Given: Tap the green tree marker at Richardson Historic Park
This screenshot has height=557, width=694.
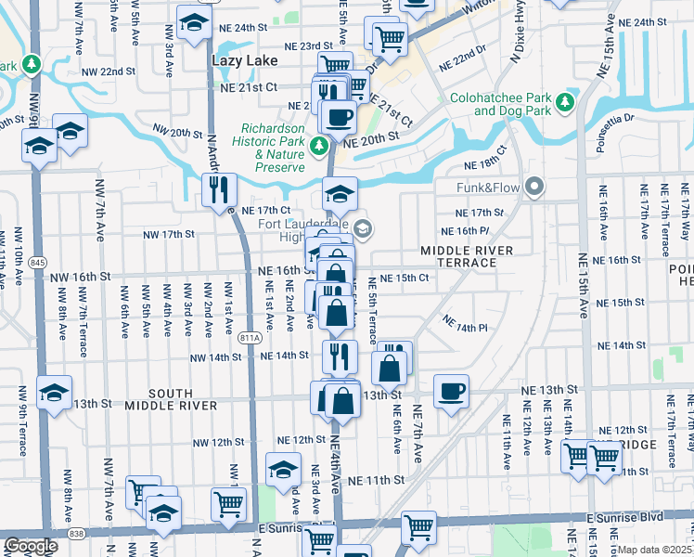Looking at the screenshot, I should (x=319, y=146).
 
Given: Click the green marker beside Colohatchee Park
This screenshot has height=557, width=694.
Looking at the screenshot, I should (x=563, y=110).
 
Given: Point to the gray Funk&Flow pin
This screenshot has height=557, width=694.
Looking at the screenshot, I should (x=533, y=188).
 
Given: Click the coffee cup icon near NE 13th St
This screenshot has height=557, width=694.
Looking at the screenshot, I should (x=451, y=390).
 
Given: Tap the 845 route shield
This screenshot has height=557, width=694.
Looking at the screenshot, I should (x=36, y=264).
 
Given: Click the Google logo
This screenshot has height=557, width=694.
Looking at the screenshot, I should (x=31, y=546).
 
